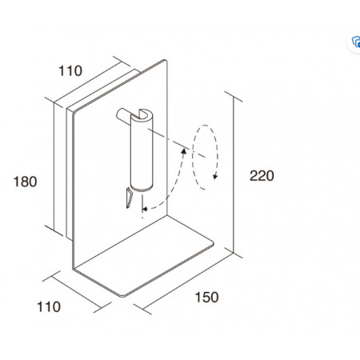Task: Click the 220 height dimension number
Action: [x=262, y=176]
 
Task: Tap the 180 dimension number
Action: [x=25, y=182]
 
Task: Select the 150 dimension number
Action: [x=206, y=297]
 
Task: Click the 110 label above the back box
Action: [x=70, y=70]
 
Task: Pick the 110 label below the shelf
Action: [x=49, y=306]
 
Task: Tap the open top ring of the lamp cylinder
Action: [x=142, y=115]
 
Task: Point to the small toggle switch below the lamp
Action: [x=129, y=198]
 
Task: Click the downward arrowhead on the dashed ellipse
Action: [x=215, y=177]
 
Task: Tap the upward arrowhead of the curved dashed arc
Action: [x=184, y=151]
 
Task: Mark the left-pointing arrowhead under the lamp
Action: [x=145, y=209]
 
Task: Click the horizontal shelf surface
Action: [x=144, y=256]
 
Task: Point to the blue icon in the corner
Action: [x=356, y=42]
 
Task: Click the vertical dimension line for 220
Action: [x=234, y=174]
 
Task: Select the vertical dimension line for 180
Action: [x=54, y=166]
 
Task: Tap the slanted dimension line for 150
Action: [x=188, y=282]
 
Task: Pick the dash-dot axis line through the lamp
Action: [x=177, y=143]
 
